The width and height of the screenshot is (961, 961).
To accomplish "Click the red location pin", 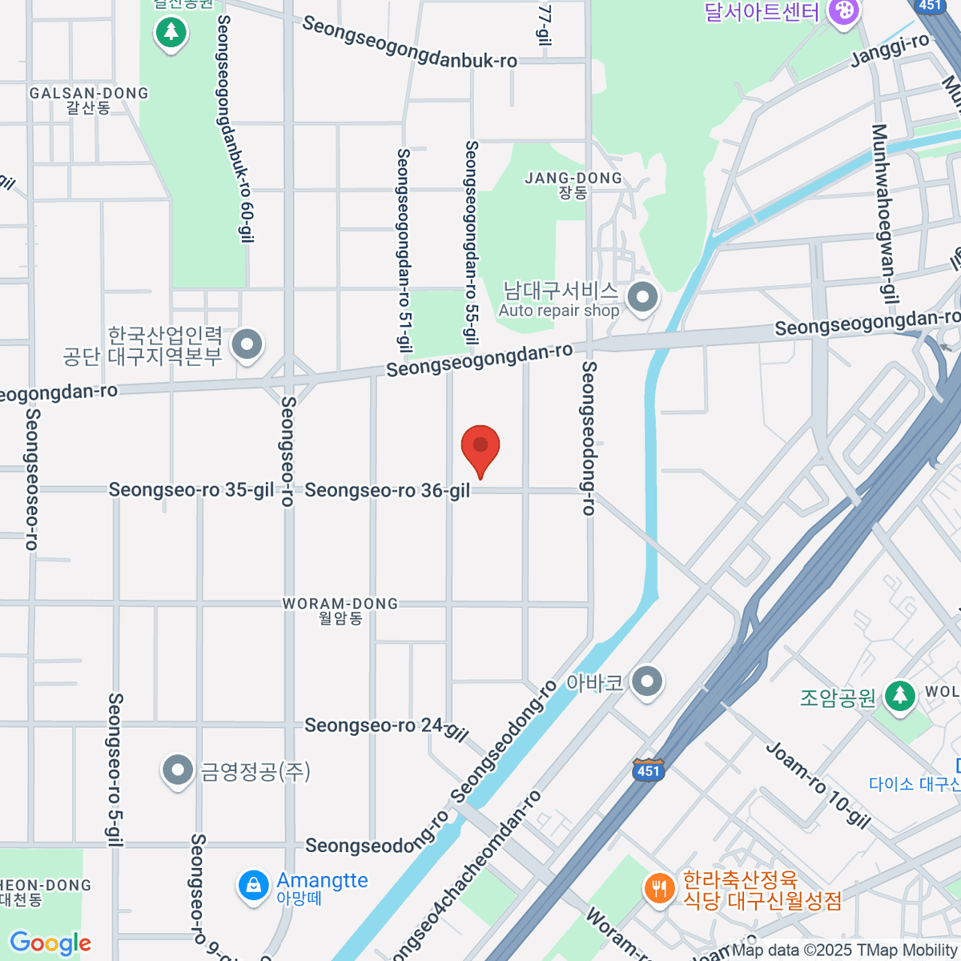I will [x=480, y=447].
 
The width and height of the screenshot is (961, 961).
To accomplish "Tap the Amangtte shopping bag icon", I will [x=253, y=885].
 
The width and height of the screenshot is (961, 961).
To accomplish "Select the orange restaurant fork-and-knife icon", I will [x=659, y=889].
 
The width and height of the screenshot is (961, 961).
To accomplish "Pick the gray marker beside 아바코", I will [x=647, y=682].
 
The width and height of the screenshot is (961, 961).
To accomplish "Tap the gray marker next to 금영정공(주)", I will [x=177, y=770].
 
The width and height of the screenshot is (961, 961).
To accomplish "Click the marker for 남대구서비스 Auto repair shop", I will [x=642, y=298].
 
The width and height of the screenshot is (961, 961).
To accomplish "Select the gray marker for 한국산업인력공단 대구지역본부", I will [x=247, y=345].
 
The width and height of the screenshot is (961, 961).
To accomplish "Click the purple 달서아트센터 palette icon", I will [x=843, y=12].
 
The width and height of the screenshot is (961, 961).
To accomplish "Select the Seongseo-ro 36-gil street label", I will [x=388, y=490].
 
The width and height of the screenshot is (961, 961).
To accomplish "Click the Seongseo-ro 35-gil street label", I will [x=191, y=489].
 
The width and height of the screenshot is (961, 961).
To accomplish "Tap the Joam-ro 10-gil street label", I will [x=818, y=785].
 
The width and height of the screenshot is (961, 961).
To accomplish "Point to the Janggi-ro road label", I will [x=890, y=49].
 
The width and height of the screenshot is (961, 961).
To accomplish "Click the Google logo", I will [x=50, y=943].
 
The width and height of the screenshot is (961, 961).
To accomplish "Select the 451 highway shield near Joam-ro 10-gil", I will [x=648, y=770].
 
